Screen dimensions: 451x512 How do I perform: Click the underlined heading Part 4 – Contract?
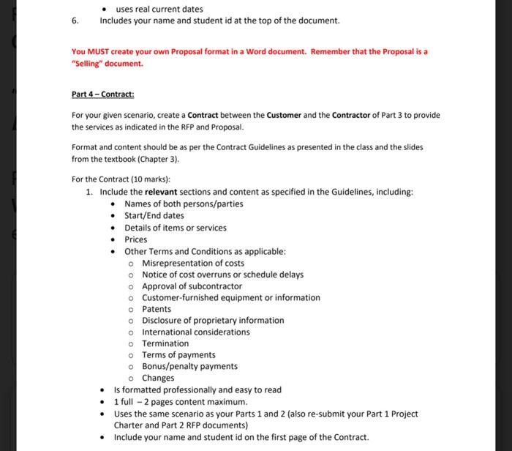coord(103,94)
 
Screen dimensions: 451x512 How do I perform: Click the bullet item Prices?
coord(135,239)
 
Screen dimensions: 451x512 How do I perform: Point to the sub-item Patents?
coord(157,309)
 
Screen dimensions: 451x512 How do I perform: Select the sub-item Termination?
coord(165,343)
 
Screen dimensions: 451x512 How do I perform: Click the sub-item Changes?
coord(158,378)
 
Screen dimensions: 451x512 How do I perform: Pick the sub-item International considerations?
coord(195,332)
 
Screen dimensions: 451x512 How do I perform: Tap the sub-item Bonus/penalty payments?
coord(189,366)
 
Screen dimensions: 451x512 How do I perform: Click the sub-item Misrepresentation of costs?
coord(193,263)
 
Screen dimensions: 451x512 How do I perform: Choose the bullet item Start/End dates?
coord(154,215)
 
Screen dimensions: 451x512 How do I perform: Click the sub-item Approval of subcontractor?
coord(192,286)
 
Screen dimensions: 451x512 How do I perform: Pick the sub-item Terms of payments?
coord(178,355)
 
